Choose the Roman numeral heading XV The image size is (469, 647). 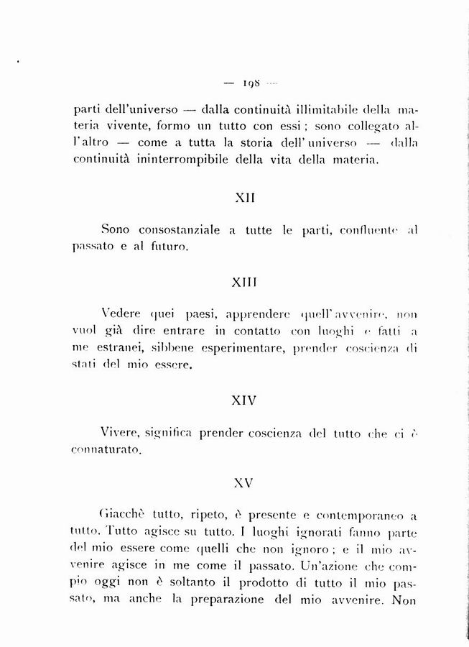tap(244, 484)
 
